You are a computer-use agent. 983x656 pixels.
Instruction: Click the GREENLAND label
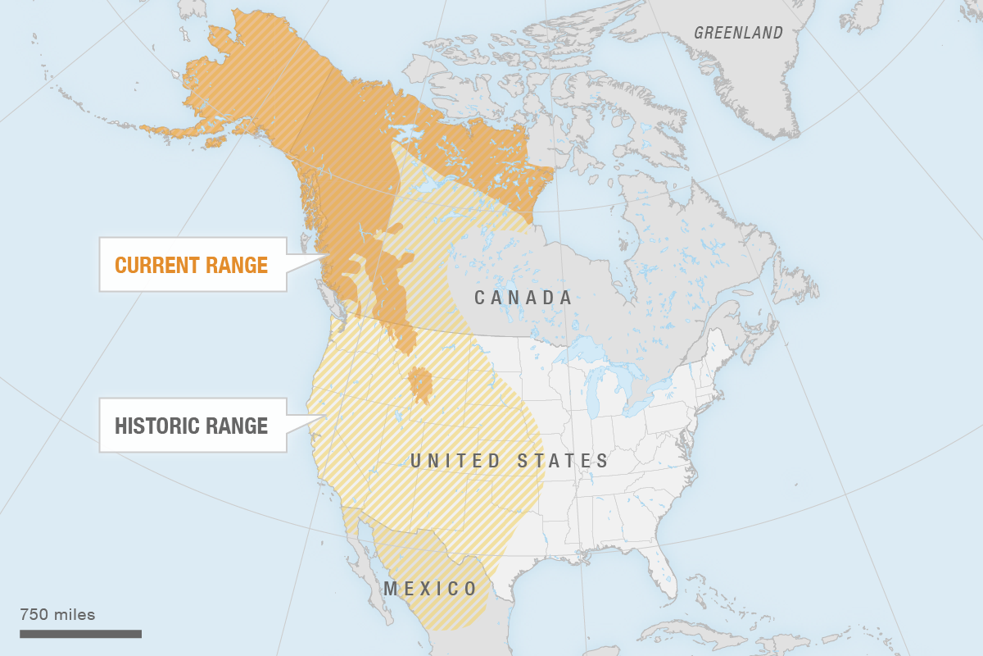click(x=738, y=33)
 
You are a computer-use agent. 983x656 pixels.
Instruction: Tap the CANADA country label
click(x=523, y=298)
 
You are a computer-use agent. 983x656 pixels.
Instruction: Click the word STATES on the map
click(x=564, y=461)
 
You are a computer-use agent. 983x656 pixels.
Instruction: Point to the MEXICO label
click(x=430, y=589)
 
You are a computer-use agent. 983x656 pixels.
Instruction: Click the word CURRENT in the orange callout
click(x=157, y=265)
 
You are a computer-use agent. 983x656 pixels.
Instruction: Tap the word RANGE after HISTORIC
click(x=238, y=426)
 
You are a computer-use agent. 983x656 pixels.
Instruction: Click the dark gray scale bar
click(x=80, y=633)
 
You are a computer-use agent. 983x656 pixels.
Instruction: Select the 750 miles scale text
click(x=57, y=614)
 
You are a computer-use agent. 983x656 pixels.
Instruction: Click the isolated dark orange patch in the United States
click(x=422, y=385)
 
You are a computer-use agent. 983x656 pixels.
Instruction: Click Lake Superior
click(x=578, y=347)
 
